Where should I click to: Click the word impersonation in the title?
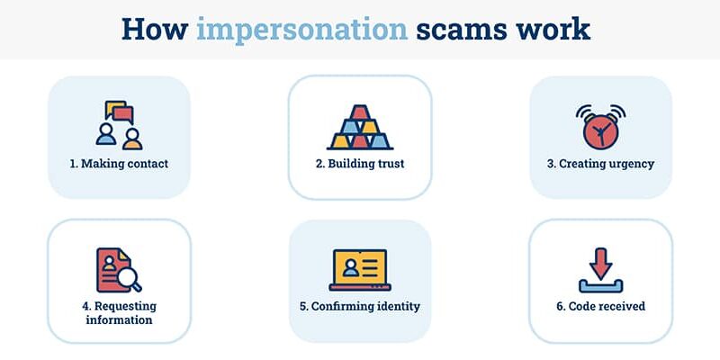tap(301, 30)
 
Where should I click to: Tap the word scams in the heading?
tap(461, 29)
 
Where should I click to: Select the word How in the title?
tap(154, 29)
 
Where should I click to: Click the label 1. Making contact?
tap(119, 164)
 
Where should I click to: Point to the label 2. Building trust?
tap(360, 164)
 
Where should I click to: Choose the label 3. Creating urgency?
tap(600, 164)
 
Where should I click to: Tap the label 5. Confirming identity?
tap(360, 306)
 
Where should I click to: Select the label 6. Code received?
tap(600, 306)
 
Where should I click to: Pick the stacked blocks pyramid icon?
tap(360, 128)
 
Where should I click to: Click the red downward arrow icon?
tap(600, 264)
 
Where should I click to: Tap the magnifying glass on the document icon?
tap(129, 279)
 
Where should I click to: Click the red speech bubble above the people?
tap(123, 114)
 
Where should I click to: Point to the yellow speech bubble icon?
tap(114, 108)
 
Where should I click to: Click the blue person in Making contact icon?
tap(106, 134)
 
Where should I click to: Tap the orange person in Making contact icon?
tap(132, 139)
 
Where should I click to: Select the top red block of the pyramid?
tap(360, 112)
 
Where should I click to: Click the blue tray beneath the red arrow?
tap(600, 286)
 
